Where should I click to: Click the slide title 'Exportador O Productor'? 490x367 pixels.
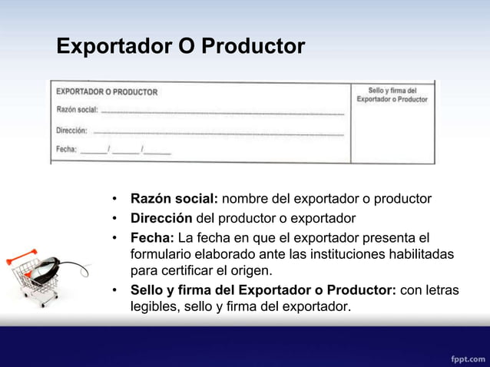pos(180,47)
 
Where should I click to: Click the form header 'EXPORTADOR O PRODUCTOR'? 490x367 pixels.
pos(108,92)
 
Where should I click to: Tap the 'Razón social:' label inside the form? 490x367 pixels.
pos(77,110)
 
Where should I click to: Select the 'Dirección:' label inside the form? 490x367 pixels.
pos(72,130)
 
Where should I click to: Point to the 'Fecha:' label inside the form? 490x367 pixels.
pos(67,149)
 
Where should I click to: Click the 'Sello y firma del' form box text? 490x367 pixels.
pos(392,91)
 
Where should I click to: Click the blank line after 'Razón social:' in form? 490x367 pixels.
pos(223,113)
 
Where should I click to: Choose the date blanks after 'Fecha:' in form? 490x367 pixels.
pos(126,151)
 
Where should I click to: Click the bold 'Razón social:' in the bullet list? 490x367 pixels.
pos(174,200)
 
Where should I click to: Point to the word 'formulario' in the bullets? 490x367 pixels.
pos(164,253)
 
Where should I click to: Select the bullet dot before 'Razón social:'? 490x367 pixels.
pos(113,200)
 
